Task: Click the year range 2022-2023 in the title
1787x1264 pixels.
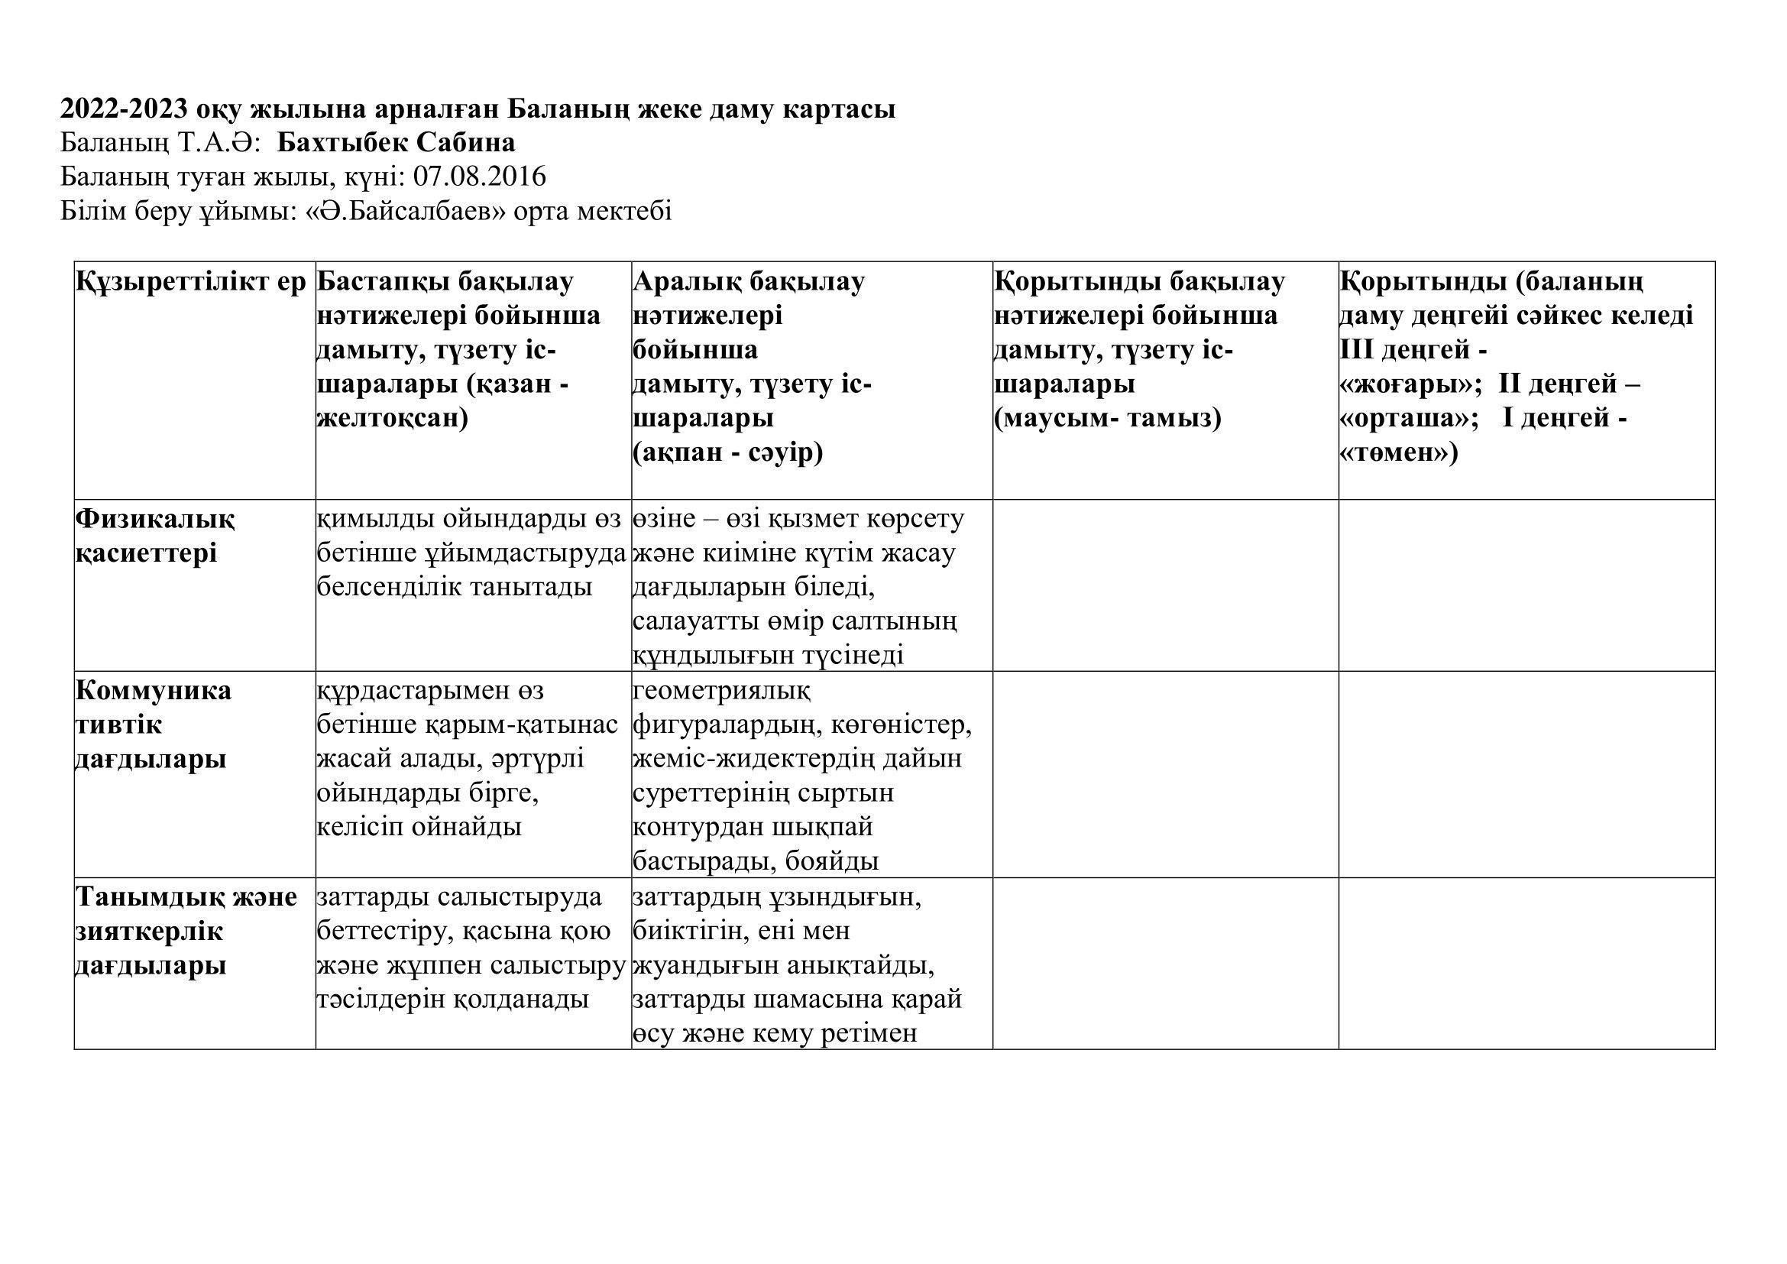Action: coord(124,109)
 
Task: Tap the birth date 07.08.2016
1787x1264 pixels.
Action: coord(480,177)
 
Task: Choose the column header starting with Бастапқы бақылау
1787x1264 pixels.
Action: coord(445,282)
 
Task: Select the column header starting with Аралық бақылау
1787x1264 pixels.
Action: coord(748,282)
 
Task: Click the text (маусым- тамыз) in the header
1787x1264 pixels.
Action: coord(1108,419)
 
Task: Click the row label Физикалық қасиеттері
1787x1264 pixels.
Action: coord(154,536)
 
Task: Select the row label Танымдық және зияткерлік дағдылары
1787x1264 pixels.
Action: coord(185,931)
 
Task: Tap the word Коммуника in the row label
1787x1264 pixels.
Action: coord(154,690)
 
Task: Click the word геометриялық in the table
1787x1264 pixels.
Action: coord(721,690)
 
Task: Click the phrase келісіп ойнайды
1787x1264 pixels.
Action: coord(419,827)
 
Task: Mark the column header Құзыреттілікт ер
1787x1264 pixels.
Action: coord(192,282)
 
